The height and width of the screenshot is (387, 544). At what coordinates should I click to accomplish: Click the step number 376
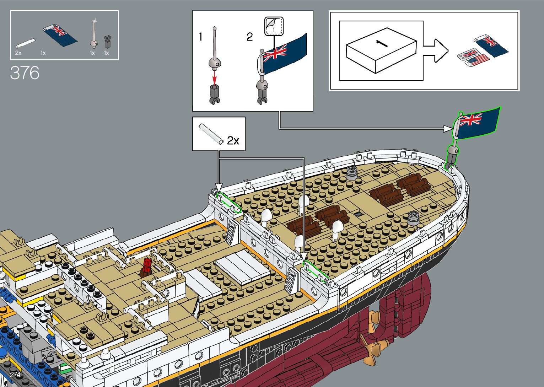click(x=25, y=73)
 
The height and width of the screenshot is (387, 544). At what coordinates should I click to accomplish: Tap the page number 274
click(x=15, y=375)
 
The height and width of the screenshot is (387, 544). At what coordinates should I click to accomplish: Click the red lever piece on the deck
click(x=146, y=267)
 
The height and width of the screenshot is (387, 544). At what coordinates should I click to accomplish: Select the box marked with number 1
click(x=381, y=52)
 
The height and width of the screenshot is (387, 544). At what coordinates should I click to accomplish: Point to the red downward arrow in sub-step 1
click(x=214, y=77)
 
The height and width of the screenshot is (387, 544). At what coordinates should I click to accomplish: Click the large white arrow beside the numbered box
click(x=436, y=50)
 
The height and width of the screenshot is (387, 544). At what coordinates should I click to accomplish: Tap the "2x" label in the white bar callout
click(x=233, y=141)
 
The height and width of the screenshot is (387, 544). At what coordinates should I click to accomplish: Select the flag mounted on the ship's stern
click(x=477, y=122)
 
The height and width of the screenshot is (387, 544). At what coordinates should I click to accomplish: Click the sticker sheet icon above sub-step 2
click(x=274, y=26)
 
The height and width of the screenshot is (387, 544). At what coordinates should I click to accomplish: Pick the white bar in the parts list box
click(x=25, y=43)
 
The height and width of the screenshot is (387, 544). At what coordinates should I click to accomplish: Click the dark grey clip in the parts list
click(x=107, y=42)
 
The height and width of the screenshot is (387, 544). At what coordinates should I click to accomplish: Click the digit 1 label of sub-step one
click(x=200, y=37)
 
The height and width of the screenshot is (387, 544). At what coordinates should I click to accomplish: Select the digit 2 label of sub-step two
click(x=249, y=37)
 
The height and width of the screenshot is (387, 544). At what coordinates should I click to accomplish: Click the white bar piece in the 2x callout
click(x=211, y=134)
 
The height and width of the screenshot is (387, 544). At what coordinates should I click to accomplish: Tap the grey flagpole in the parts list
click(x=94, y=36)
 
